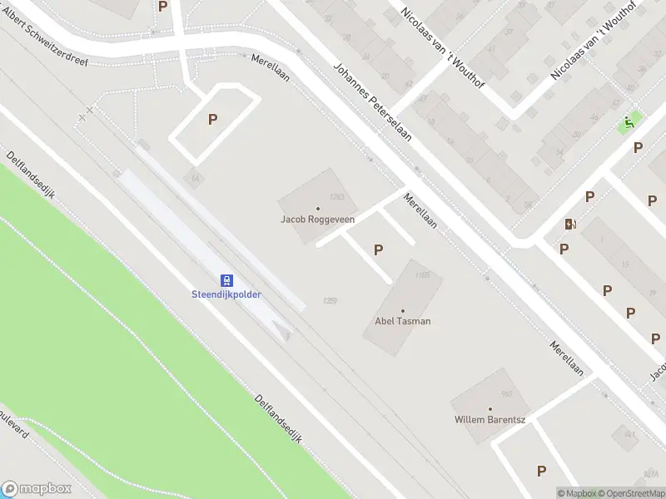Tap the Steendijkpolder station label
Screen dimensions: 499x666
226,294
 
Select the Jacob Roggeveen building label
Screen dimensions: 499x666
317,220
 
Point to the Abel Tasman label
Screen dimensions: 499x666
403,321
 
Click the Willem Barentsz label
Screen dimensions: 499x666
490,419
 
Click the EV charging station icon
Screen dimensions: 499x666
570,224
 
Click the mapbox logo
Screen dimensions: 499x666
37,489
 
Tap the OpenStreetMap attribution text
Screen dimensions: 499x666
630,493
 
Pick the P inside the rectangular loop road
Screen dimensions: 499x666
212,120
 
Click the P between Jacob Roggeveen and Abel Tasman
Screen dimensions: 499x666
379,249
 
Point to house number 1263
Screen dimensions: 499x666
337,197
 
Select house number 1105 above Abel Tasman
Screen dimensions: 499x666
421,275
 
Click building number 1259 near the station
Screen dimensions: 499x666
330,300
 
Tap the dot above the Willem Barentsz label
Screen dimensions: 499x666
490,408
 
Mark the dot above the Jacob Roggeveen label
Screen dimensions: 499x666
317,209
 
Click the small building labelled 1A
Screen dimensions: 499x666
194,178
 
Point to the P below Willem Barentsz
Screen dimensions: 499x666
542,471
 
